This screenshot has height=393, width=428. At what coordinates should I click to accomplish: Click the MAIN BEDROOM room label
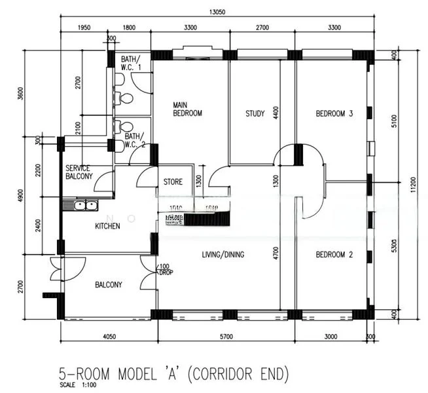187,109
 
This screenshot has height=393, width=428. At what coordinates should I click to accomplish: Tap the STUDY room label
255,113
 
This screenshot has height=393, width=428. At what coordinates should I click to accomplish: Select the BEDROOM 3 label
334,113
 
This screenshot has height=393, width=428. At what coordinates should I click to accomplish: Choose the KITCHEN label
107,226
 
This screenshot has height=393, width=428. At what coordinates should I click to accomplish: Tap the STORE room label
173,181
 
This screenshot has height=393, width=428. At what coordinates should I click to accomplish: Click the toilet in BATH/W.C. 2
126,127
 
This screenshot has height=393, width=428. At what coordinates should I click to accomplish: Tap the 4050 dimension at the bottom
108,336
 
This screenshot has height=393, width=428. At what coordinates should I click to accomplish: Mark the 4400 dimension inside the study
276,113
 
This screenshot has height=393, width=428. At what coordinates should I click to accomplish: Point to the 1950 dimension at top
84,28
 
